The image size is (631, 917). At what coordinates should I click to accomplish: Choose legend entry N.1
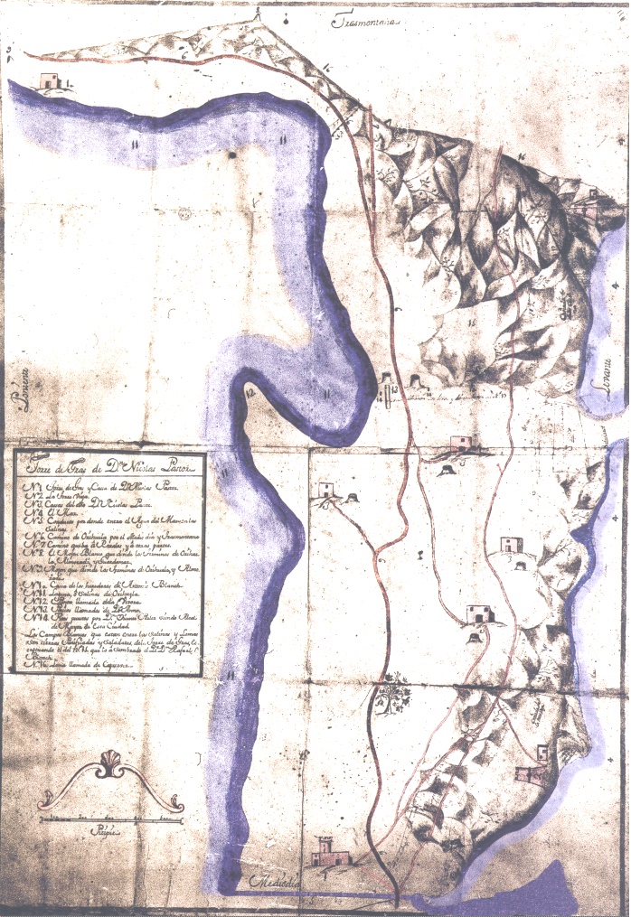pos(99,488)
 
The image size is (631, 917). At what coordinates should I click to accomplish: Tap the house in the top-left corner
pos(50,81)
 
